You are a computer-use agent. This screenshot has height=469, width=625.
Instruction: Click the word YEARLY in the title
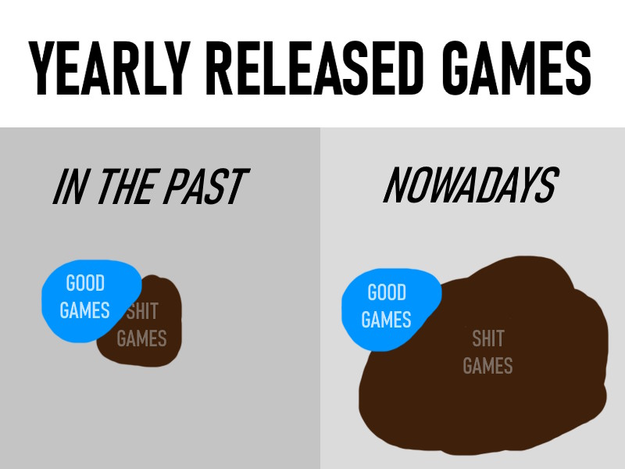click(109, 68)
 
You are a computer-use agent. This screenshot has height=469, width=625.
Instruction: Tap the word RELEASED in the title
click(314, 68)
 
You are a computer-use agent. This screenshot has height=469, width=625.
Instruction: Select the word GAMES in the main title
click(517, 68)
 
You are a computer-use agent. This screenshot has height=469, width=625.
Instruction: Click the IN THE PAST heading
click(151, 186)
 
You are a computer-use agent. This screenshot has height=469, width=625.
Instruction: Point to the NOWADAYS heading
click(471, 184)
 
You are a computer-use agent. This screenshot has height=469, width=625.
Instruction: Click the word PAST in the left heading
click(206, 186)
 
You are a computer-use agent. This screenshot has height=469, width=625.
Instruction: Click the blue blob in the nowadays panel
click(388, 310)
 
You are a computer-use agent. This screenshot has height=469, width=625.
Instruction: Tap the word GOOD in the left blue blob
click(85, 283)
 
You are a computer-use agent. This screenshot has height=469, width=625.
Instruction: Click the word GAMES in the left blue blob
click(84, 310)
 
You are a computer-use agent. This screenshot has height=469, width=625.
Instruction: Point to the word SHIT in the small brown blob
click(142, 311)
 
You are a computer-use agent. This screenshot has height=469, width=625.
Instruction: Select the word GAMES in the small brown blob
click(141, 338)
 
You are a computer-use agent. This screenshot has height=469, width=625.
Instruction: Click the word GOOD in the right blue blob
click(387, 292)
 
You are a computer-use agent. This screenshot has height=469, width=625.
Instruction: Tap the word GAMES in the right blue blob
click(386, 320)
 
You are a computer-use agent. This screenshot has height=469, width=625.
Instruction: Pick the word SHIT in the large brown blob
click(488, 338)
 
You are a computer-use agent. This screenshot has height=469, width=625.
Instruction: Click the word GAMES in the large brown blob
click(487, 366)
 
